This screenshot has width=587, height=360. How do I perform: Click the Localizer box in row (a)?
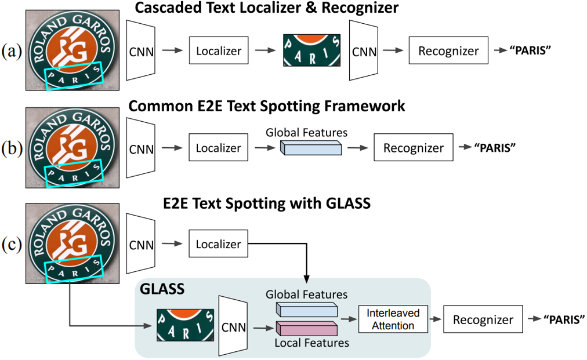(219, 51)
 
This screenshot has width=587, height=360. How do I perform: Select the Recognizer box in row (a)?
(449, 51)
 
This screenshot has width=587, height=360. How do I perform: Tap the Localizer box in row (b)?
(219, 148)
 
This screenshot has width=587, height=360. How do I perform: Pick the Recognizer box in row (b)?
(414, 148)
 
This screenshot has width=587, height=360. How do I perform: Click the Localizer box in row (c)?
(219, 244)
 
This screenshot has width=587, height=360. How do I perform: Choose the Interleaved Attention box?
(393, 319)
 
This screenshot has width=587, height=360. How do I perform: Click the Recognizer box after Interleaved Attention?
(483, 319)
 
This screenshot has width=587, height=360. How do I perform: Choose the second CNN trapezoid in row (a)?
(363, 51)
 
